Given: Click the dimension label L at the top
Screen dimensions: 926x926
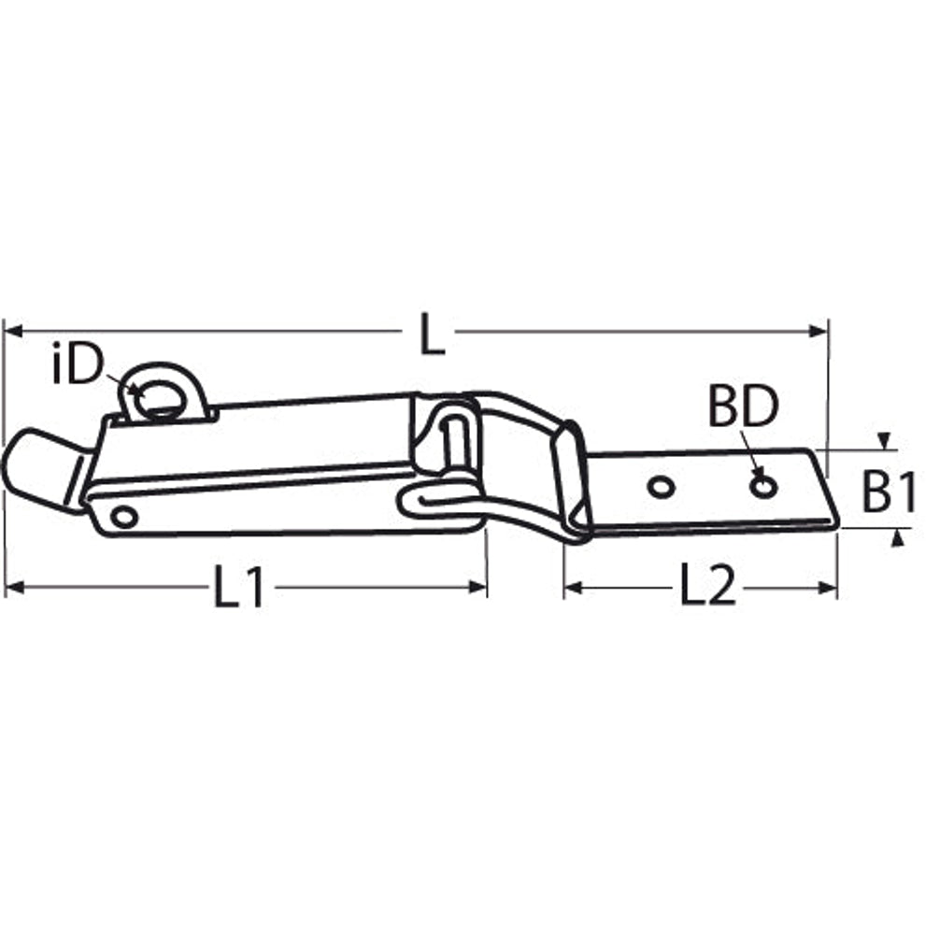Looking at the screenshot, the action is [x=433, y=335].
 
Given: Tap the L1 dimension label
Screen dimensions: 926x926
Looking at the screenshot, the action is [x=238, y=587].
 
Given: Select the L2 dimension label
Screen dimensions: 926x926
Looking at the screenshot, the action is [x=708, y=585].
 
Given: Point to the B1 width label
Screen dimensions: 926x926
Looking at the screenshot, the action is [x=889, y=491].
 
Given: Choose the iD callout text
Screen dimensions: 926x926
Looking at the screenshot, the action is [x=78, y=364].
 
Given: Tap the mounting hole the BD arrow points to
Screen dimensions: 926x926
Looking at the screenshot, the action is [x=763, y=487].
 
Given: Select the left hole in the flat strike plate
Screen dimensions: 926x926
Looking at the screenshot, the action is [x=661, y=487].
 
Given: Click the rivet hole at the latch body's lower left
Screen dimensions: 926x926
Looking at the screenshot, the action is [x=123, y=518].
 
